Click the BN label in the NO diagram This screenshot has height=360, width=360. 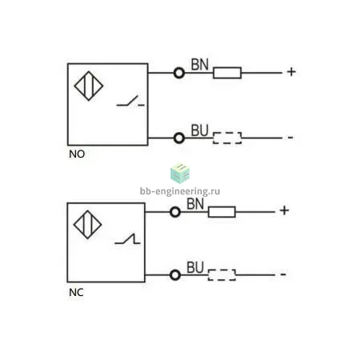200,65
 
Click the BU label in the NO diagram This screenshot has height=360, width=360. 199,130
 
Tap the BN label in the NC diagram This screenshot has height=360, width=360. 195,204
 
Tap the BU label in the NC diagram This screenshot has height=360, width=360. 195,267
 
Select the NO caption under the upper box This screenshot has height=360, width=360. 77,154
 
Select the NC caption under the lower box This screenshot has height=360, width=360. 76,293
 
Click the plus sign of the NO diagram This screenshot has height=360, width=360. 291,72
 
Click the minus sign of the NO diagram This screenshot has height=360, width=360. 290,138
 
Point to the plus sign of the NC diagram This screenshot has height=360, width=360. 284,210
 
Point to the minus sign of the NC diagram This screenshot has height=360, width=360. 283,274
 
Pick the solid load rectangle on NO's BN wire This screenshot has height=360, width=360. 227,73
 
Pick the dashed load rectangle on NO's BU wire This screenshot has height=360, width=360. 227,138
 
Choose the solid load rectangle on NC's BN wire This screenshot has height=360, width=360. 222,212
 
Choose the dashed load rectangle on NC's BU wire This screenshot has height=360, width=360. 222,275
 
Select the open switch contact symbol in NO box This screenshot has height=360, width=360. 130,102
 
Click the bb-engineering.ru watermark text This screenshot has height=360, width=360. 180,191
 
